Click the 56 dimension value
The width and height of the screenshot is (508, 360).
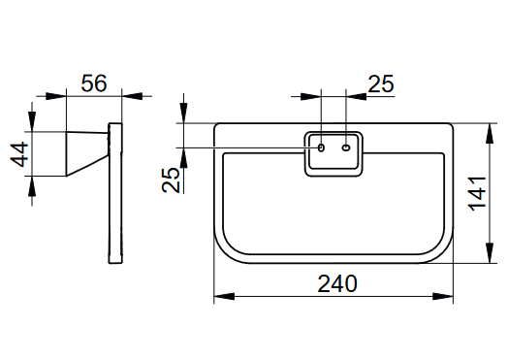pyautogui.click(x=94, y=83)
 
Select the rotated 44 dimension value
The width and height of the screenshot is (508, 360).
pyautogui.click(x=19, y=154)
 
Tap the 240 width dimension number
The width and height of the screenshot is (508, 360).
pyautogui.click(x=337, y=283)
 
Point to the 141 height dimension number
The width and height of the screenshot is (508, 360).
pyautogui.click(x=478, y=194)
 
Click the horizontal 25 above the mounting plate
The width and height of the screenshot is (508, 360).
pyautogui.click(x=381, y=84)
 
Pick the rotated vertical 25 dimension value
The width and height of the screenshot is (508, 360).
pyautogui.click(x=171, y=180)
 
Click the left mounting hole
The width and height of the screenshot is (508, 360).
pyautogui.click(x=321, y=147)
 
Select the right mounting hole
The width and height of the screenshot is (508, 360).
pyautogui.click(x=346, y=147)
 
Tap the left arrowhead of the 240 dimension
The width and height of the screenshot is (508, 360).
pyautogui.click(x=224, y=296)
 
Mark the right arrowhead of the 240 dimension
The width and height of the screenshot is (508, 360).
pyautogui.click(x=443, y=296)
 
